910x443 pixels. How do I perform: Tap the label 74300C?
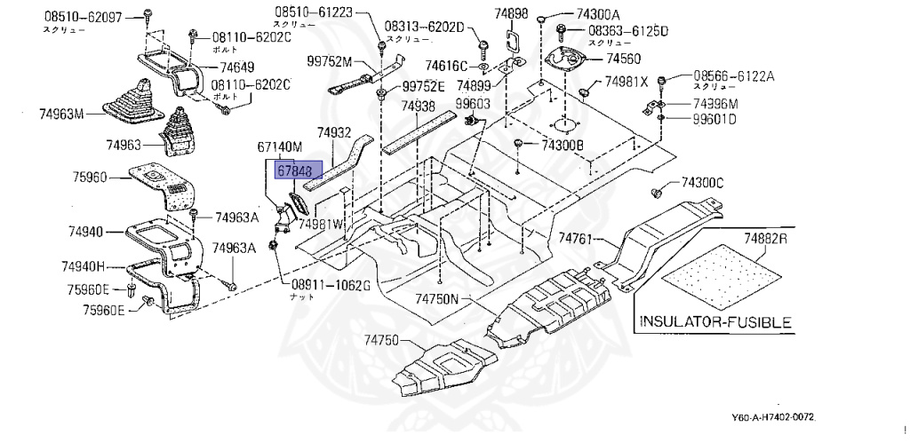point(702,184)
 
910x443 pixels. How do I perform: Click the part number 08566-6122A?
point(733,77)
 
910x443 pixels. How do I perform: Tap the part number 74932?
point(336,131)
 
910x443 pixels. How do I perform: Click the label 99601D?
point(714,120)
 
